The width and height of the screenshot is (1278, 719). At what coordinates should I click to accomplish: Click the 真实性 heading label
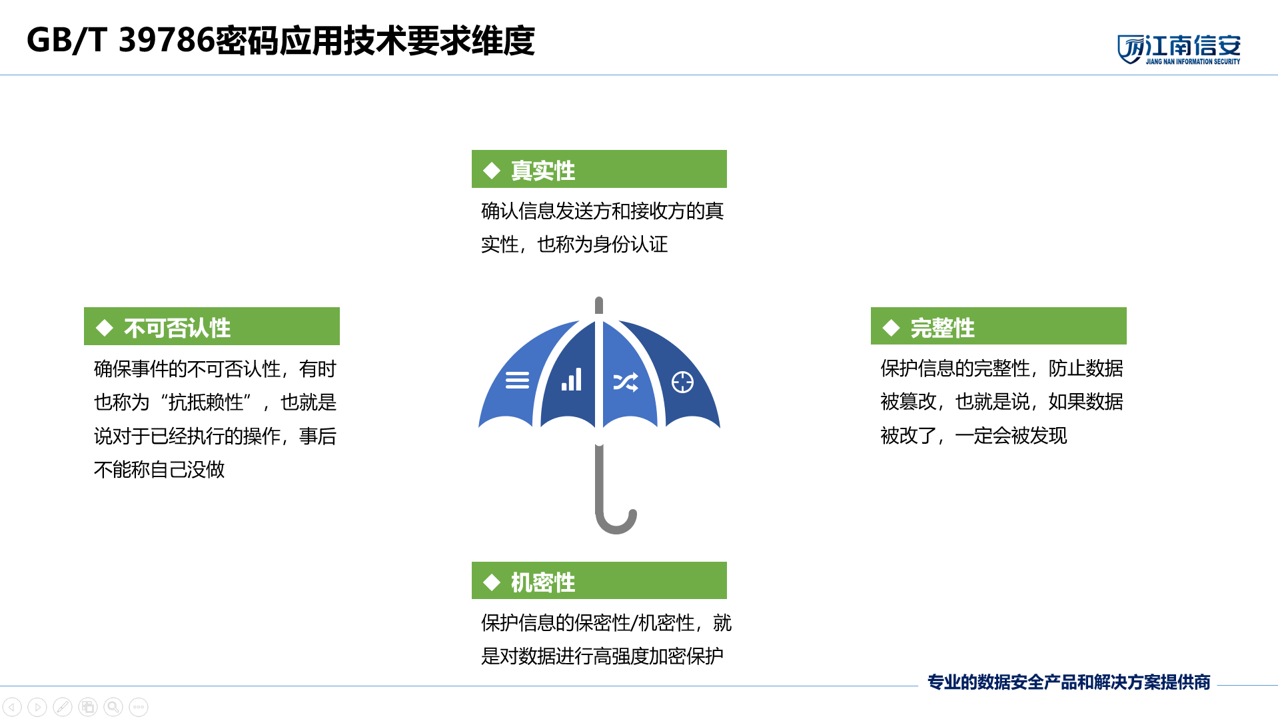(x=542, y=171)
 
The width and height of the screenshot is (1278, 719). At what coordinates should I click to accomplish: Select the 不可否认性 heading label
(x=177, y=328)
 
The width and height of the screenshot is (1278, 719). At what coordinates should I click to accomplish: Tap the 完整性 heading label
(x=942, y=328)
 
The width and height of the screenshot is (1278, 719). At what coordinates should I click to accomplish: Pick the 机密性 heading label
(x=542, y=582)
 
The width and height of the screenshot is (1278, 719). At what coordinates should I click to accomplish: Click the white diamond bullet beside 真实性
(x=492, y=171)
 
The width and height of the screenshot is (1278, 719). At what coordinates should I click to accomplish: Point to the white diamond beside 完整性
(x=891, y=328)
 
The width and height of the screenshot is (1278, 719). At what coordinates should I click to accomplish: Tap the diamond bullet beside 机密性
(x=492, y=582)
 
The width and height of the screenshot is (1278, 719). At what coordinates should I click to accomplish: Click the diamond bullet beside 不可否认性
(x=105, y=328)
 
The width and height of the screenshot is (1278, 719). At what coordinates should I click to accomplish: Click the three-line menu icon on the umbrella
(x=517, y=380)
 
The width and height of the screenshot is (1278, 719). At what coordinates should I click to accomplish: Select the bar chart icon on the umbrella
(x=572, y=379)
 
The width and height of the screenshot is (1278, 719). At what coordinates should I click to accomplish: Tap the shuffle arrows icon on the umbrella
(x=626, y=382)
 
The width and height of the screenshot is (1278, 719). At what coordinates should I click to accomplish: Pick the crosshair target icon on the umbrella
(x=682, y=382)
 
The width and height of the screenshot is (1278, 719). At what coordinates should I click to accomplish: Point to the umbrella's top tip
(x=599, y=299)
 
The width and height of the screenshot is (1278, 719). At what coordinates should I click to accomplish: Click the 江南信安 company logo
(x=1179, y=49)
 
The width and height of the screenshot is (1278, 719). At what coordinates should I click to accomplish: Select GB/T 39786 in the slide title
(x=121, y=40)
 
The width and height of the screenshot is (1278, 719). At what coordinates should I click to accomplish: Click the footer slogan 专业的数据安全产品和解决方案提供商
(x=1069, y=682)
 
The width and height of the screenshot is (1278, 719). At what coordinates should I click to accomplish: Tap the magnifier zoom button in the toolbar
(x=113, y=706)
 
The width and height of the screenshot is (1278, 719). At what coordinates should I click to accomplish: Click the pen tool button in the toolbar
(x=63, y=706)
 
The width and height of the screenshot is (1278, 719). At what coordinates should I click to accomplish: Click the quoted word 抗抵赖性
(x=206, y=402)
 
